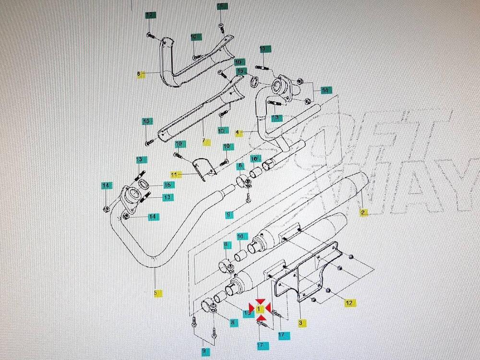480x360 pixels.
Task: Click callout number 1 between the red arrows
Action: (x=259, y=309)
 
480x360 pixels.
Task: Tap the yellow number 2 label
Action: (x=363, y=212)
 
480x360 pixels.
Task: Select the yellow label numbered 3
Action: (x=301, y=323)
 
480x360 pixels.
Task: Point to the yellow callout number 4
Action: (x=239, y=132)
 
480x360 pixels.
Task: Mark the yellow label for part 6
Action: (x=141, y=75)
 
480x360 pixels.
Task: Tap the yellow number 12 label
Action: (x=349, y=302)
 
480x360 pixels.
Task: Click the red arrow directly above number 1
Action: (x=259, y=301)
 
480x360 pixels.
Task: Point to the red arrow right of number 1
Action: (x=267, y=308)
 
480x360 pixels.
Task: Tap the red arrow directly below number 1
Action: (x=259, y=317)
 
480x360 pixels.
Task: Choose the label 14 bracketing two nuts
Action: (x=325, y=90)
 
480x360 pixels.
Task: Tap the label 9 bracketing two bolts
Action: (x=205, y=351)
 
